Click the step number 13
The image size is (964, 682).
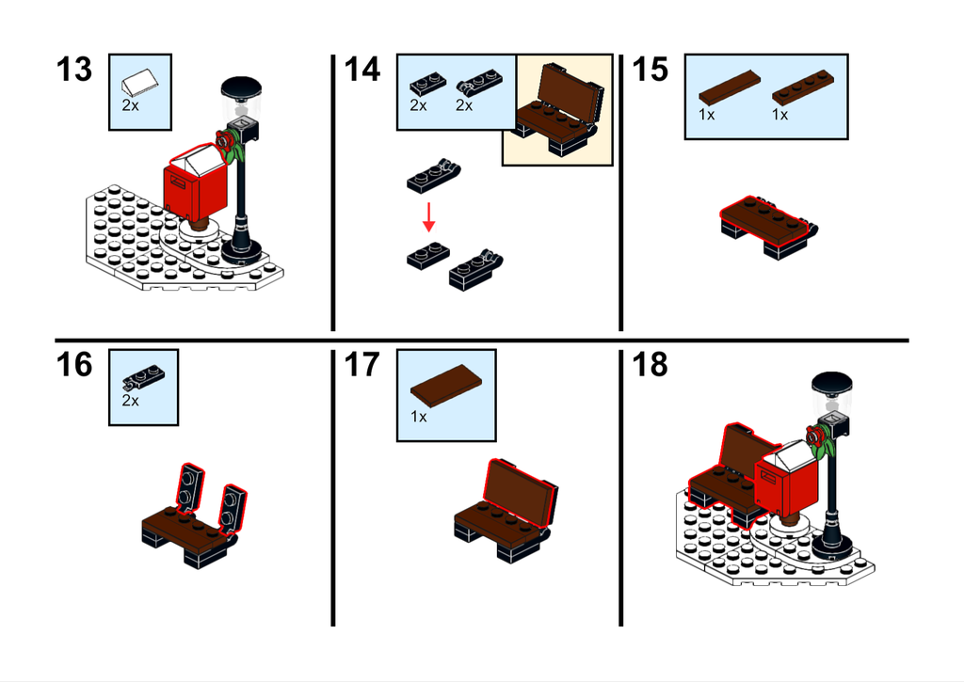[74, 70]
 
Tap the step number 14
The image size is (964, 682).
[362, 70]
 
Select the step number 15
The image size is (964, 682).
[650, 70]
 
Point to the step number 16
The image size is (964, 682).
[74, 365]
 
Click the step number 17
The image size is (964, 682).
[362, 365]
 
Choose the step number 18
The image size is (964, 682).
[650, 365]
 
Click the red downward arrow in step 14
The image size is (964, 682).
[429, 217]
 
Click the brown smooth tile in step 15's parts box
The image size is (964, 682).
[730, 87]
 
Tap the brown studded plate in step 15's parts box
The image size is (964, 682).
[804, 87]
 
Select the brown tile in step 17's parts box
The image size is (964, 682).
[445, 386]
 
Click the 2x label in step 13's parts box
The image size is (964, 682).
[130, 105]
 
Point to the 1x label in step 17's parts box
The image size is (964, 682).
[419, 417]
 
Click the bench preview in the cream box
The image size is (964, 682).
[558, 109]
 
